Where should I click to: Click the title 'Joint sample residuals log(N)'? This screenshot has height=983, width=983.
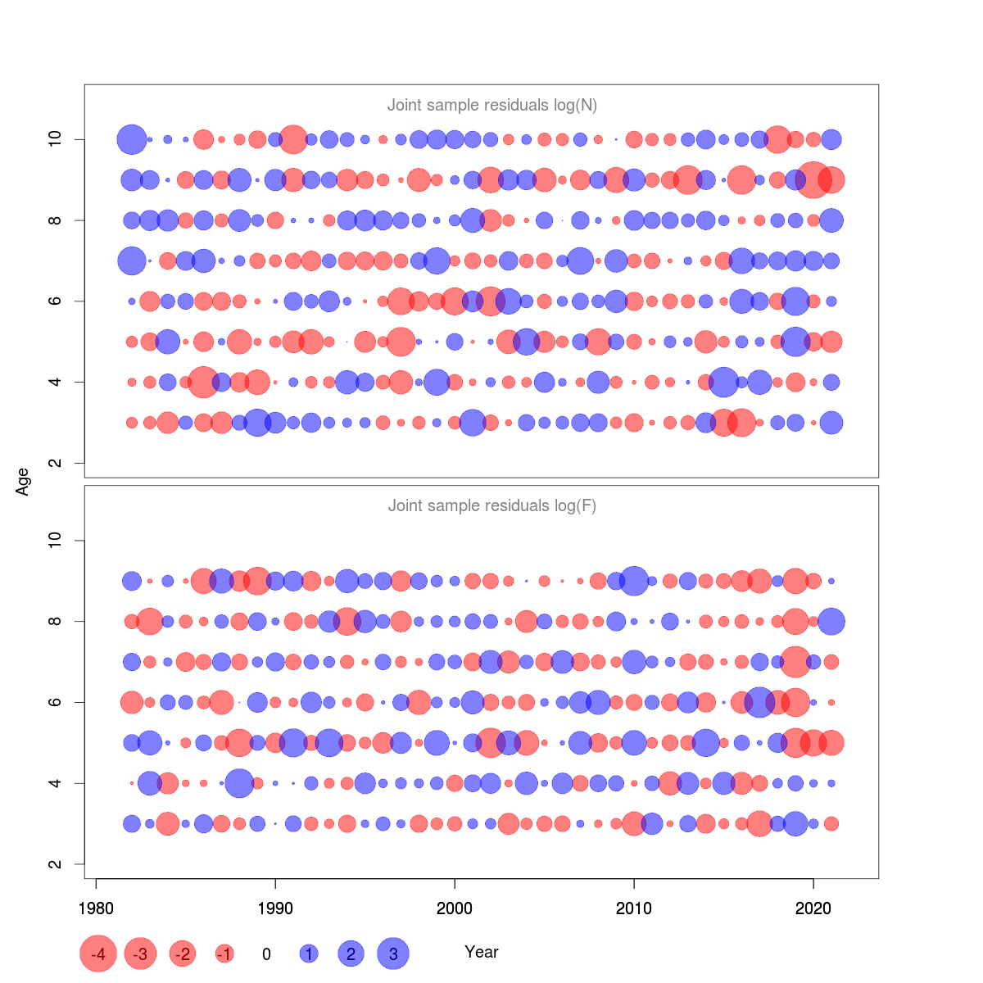pos(491,105)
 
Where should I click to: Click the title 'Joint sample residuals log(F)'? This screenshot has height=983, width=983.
pos(491,505)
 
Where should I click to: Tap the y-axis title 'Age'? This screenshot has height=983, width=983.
pos(23,481)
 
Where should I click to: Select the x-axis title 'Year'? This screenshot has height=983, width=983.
pos(481,952)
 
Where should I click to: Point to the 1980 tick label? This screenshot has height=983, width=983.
pos(96,908)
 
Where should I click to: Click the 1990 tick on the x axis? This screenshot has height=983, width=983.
pos(275,908)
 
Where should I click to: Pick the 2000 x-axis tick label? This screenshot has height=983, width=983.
pos(455,908)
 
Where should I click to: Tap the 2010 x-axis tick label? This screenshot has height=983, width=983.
pos(634,908)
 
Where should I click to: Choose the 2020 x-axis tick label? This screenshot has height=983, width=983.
pos(813,908)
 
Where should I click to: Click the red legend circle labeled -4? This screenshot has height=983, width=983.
pos(98,954)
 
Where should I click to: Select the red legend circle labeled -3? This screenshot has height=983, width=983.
pos(141,954)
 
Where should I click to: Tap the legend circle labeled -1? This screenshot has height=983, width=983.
pos(224,954)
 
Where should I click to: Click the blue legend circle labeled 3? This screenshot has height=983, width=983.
pos(393,954)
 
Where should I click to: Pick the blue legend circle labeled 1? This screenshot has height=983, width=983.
pos(309,954)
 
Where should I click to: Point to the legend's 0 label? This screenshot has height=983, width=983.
pos(266,954)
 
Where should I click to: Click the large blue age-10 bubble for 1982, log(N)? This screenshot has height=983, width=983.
pos(132,139)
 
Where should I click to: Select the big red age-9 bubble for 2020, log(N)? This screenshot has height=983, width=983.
pos(813,179)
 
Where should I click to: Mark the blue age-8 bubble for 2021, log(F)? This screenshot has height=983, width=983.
pos(831,621)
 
